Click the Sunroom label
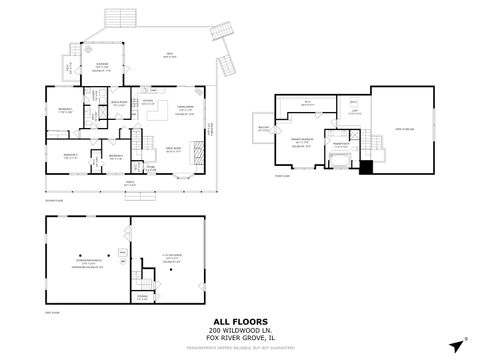pos(102,66)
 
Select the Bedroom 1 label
pos(65,110)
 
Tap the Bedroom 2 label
pos(70,154)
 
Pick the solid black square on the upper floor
pos(367,167)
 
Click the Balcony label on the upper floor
pos(264,128)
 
